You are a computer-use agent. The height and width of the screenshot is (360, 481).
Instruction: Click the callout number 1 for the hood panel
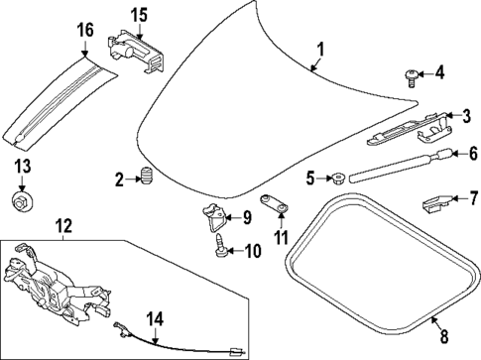pos(320,50)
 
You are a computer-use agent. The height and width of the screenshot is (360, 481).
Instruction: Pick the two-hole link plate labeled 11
pos(275,205)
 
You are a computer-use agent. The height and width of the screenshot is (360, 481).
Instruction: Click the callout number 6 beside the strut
pos(472,154)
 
